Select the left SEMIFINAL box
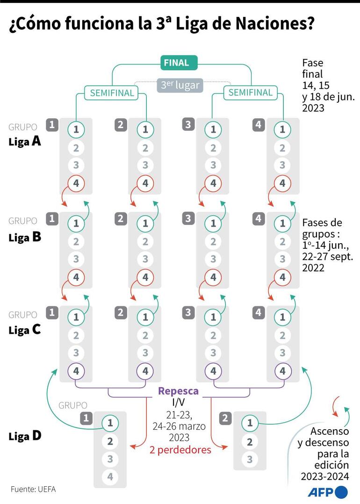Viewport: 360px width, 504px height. pos(112,93)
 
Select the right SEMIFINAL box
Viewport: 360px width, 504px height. pos(250,93)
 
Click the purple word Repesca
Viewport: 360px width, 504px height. pos(178,391)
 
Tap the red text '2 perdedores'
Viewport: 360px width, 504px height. pos(180,450)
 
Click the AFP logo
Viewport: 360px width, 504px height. pos(327,492)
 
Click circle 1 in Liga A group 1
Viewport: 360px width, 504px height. pos(76,130)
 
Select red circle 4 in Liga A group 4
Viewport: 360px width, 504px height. pos(282,183)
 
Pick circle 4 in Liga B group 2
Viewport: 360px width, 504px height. pos(145,277)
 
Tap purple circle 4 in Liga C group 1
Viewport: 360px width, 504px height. pos(76,371)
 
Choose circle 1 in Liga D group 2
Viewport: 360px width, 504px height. pos(250,423)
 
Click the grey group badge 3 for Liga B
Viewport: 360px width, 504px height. pos(188,218)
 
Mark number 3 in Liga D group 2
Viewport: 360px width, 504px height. pos(250,459)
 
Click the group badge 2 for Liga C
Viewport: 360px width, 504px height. pos(121,312)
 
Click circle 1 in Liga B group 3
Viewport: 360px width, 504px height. pos(213,223)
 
